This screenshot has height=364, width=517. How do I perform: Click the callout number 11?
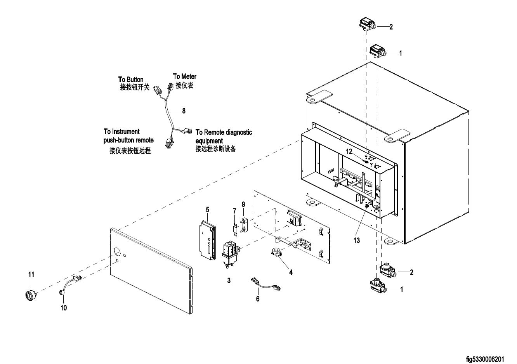31,274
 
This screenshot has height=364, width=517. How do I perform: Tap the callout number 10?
64,308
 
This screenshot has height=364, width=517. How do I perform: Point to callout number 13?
356,240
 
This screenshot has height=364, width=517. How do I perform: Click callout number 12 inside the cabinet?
349,151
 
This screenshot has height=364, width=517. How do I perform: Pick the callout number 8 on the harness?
184,111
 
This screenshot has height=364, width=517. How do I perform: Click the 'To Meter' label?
185,76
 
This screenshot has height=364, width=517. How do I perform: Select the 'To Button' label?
131,80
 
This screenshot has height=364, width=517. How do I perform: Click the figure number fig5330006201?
491,360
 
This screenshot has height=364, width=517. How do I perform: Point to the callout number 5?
208,210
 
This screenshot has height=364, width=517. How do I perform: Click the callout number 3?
229,281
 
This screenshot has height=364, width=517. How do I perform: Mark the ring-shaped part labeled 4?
277,252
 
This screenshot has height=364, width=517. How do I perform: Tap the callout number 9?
243,204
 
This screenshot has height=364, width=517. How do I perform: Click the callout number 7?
234,210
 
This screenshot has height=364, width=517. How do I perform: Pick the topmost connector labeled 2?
366,24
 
